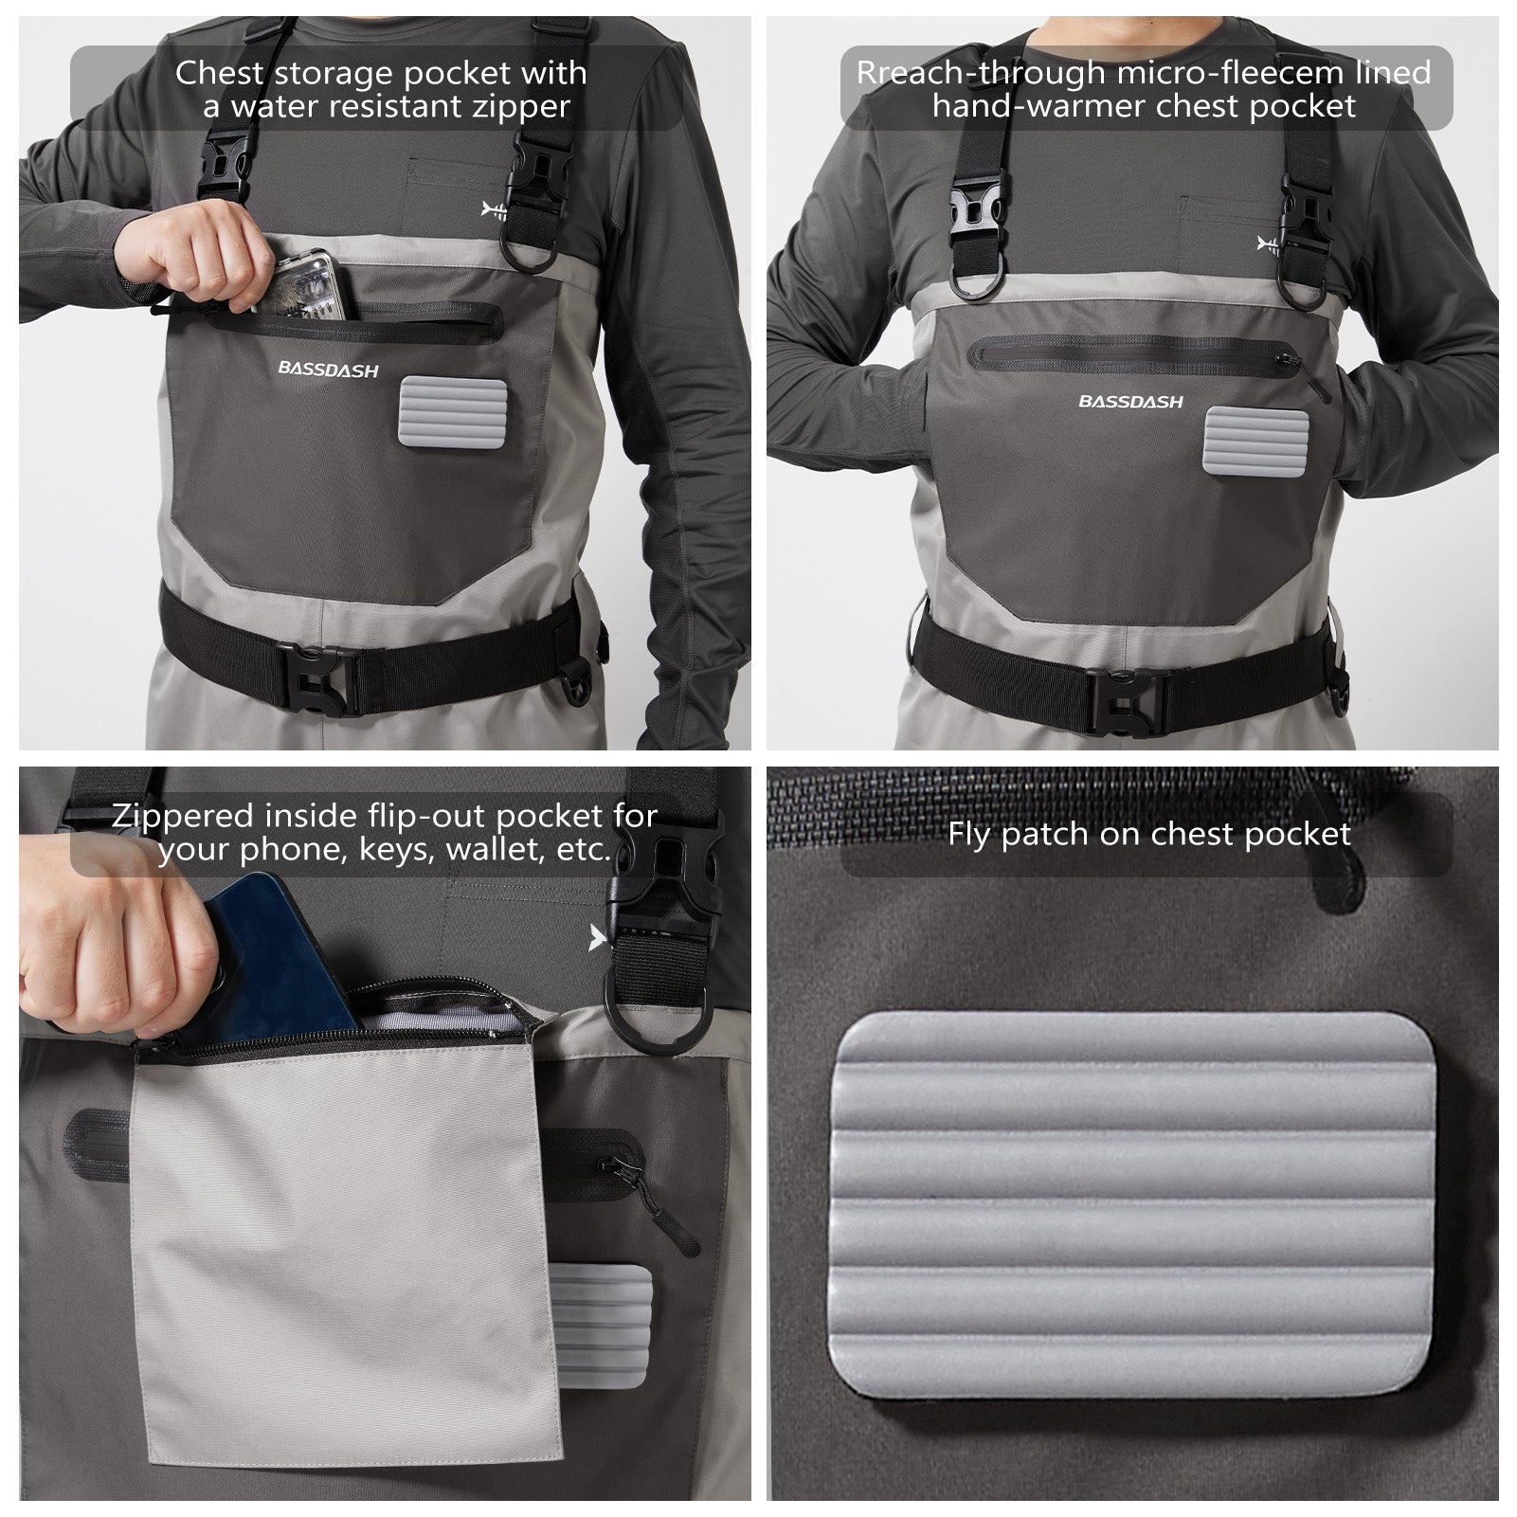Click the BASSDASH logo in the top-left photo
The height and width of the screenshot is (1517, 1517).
[328, 370]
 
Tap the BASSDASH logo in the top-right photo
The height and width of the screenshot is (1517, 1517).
[1130, 402]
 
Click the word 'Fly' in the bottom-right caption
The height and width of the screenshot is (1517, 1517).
[969, 835]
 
